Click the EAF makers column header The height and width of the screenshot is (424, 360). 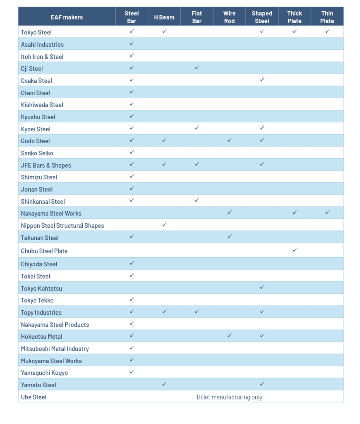[x=67, y=17]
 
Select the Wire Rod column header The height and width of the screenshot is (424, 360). [x=229, y=17]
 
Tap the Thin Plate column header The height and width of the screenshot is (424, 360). [x=327, y=17]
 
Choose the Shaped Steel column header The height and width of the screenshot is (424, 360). [x=262, y=17]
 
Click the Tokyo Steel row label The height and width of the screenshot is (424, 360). [x=36, y=32]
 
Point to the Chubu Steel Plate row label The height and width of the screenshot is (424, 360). [x=44, y=251]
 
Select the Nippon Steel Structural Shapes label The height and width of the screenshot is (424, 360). [x=62, y=226]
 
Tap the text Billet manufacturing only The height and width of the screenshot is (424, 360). [x=229, y=397]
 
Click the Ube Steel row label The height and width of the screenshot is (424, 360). [x=34, y=397]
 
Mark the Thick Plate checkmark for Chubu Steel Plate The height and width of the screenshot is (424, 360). [x=295, y=250]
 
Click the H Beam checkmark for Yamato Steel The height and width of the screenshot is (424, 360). [x=164, y=384]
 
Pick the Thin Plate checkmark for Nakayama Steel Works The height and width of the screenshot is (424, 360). [x=327, y=213]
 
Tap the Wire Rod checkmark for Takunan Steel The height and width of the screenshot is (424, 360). [x=229, y=237]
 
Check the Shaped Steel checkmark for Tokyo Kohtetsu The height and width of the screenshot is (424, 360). [x=262, y=287]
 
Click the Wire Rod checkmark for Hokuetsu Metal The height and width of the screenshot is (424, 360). [x=229, y=336]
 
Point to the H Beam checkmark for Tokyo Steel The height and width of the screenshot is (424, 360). [x=164, y=31]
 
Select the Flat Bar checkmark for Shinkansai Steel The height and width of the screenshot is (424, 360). [x=197, y=201]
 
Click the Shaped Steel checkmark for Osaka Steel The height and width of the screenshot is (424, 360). [x=262, y=80]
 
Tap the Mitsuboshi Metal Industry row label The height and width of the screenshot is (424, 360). [x=55, y=349]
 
